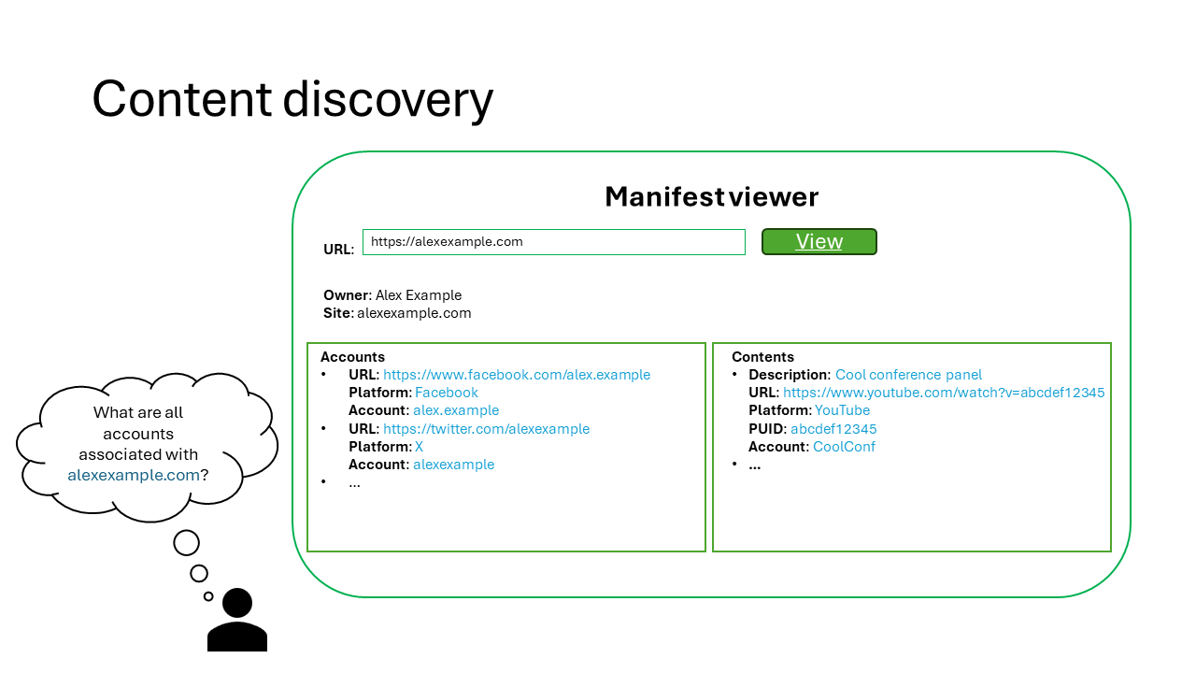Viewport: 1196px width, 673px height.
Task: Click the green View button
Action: (x=819, y=242)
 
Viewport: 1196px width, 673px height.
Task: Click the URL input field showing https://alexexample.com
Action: (x=553, y=242)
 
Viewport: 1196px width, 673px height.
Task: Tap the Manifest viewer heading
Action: (x=711, y=196)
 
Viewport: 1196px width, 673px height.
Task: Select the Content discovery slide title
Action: (x=292, y=98)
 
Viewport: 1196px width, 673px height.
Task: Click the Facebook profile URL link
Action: (x=516, y=375)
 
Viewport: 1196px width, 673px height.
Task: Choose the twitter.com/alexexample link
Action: (x=486, y=429)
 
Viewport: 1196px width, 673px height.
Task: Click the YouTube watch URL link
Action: (x=944, y=393)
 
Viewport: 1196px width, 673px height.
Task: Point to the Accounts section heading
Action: (x=352, y=357)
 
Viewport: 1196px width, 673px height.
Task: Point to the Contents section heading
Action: (x=762, y=357)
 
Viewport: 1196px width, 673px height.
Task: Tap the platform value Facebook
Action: (x=447, y=393)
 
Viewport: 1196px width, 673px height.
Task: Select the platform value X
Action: (x=419, y=447)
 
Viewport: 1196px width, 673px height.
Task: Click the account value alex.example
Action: (x=456, y=410)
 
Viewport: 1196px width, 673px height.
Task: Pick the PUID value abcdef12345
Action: (x=833, y=429)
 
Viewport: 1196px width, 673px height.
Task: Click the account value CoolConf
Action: (x=844, y=447)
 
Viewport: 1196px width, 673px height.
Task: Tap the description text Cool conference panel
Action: (x=908, y=375)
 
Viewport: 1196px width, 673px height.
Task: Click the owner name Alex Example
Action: (x=419, y=295)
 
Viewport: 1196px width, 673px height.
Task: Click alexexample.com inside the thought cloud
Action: (x=134, y=475)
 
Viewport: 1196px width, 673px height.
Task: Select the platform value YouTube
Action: (x=842, y=410)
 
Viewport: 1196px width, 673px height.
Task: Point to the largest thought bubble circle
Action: (x=187, y=542)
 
